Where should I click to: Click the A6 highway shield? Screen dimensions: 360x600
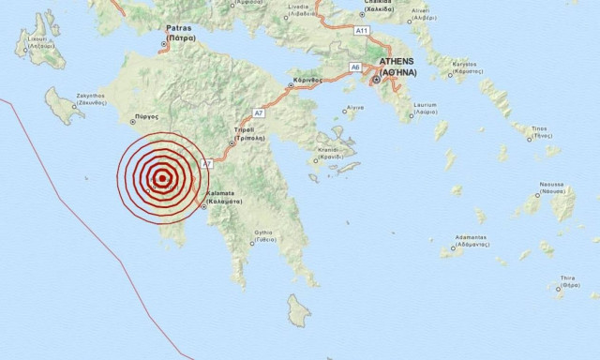click(355, 67)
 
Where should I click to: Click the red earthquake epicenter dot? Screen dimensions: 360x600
click(162, 178)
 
